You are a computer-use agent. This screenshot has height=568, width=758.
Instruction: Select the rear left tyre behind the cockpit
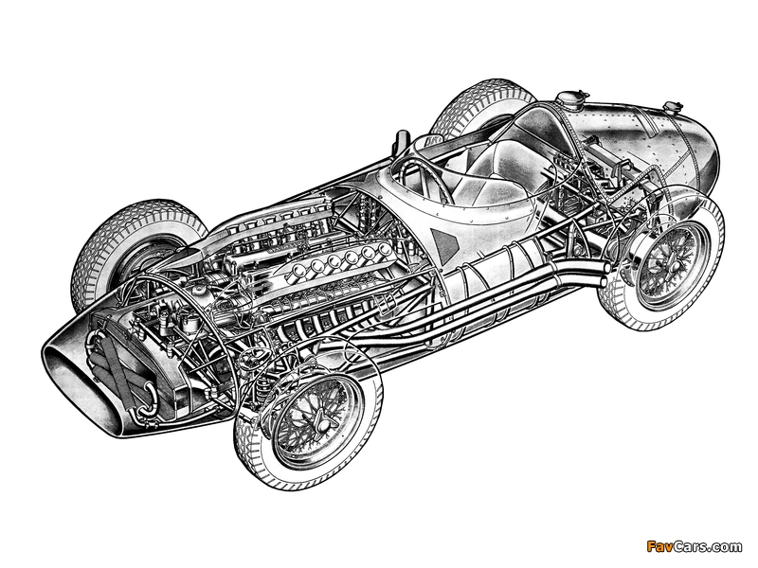tap(478, 112)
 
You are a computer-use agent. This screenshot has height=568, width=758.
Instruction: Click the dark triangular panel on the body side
tap(443, 240)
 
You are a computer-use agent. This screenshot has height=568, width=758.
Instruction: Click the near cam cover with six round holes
tap(337, 264)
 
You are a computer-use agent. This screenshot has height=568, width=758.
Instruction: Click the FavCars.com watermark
tap(695, 547)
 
